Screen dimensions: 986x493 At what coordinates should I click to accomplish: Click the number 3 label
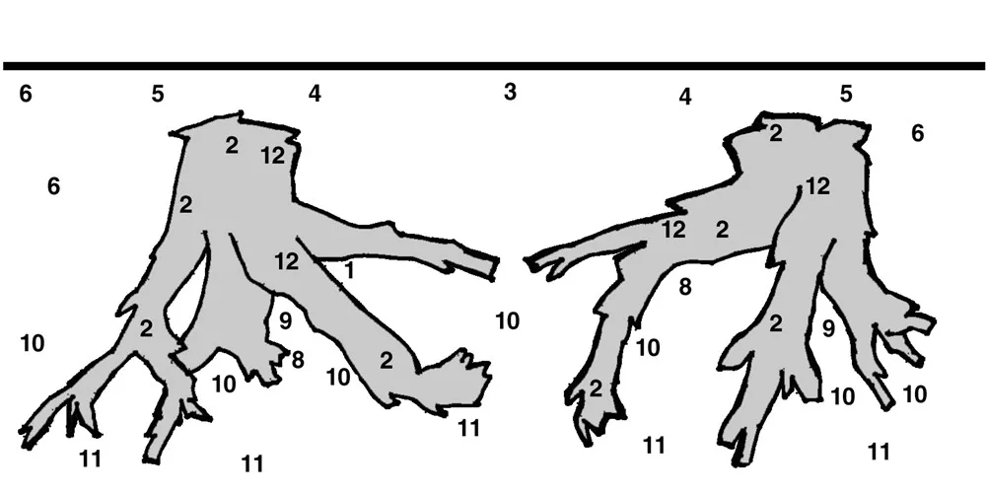[510, 92]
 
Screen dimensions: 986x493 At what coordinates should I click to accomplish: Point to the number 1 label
[349, 270]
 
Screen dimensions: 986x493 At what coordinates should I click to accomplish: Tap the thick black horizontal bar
[493, 66]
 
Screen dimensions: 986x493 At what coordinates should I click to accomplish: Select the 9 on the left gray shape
[286, 320]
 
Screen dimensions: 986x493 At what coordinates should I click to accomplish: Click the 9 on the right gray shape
[829, 327]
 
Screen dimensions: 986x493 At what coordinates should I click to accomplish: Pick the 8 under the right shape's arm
[685, 287]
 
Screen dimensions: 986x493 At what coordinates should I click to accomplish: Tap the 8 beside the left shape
[298, 360]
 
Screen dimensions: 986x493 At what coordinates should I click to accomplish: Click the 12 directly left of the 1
[287, 261]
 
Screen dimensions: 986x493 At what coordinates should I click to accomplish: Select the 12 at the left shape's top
[273, 156]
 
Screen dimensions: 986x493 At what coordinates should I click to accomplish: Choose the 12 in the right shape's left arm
[673, 230]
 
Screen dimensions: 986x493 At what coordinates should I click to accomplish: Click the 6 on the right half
[917, 133]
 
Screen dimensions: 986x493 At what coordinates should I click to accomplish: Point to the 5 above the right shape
[846, 94]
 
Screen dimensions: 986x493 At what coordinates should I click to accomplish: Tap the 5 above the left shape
[157, 94]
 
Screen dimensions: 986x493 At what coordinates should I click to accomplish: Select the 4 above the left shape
[315, 94]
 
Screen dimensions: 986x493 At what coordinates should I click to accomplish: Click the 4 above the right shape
[685, 97]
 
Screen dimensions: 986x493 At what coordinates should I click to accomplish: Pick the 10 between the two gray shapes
[508, 320]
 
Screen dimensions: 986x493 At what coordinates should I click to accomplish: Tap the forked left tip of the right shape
[539, 265]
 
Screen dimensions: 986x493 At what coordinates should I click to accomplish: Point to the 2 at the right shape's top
[776, 133]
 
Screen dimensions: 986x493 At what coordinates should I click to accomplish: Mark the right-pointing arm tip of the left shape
[495, 268]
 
